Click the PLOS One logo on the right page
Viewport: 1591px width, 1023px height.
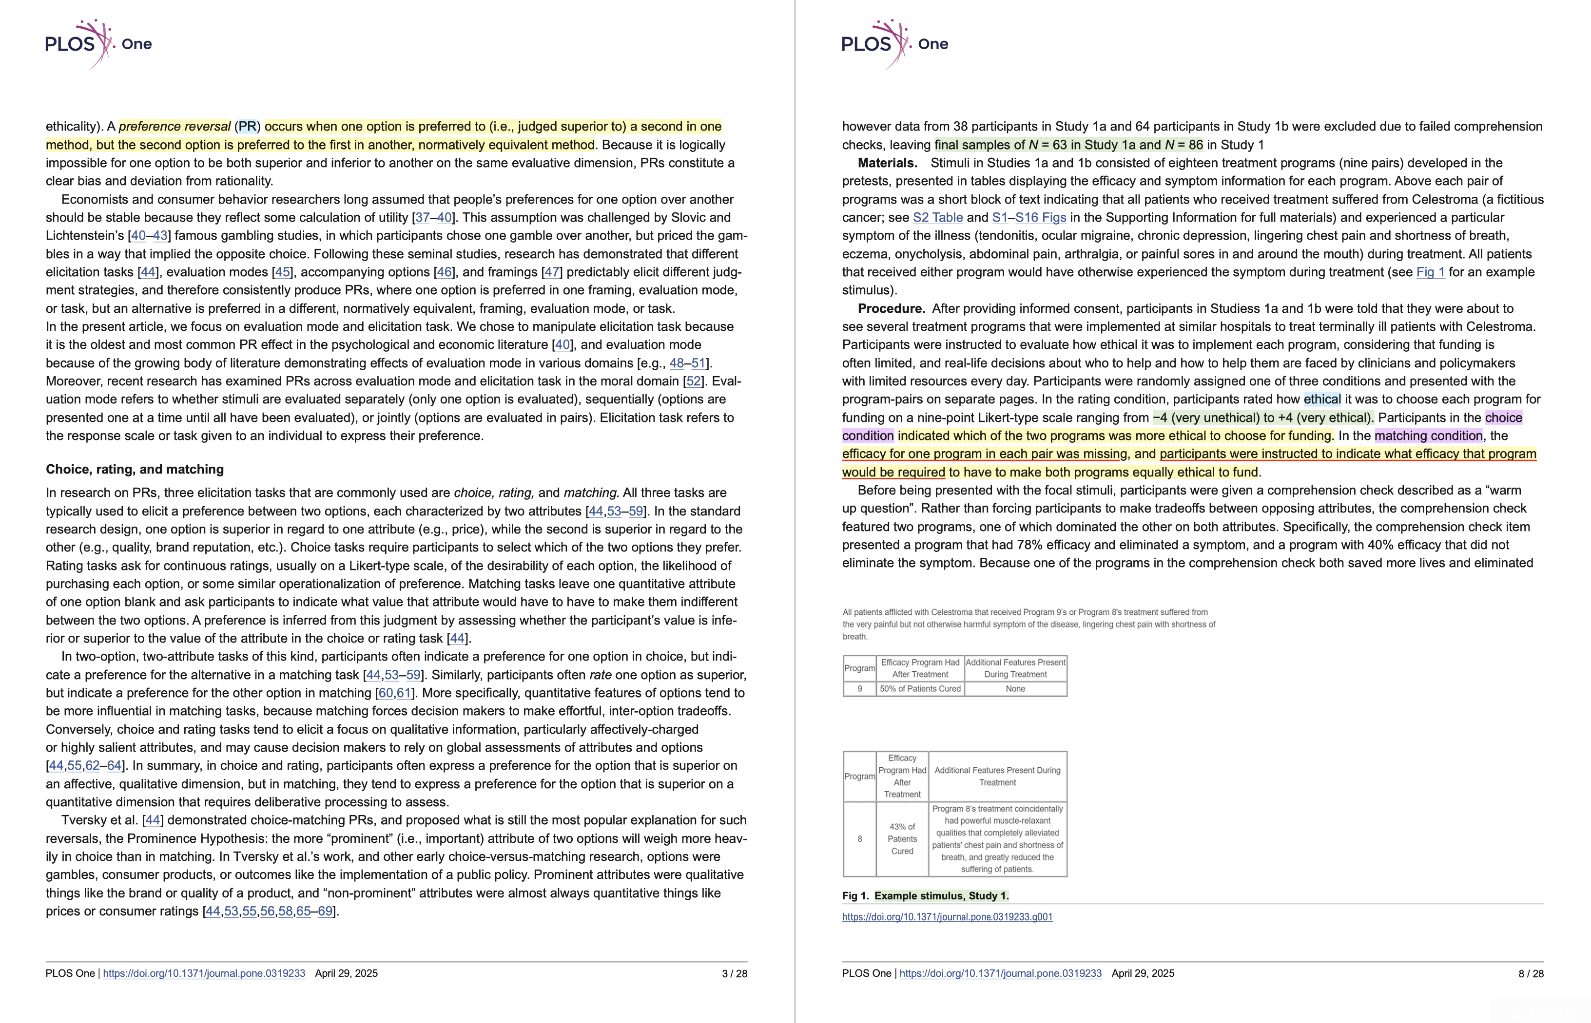(894, 44)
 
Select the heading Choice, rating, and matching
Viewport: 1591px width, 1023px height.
(135, 469)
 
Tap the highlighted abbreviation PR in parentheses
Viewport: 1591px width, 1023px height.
(247, 126)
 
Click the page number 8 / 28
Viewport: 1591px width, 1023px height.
(1531, 973)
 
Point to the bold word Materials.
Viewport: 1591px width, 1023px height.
(887, 163)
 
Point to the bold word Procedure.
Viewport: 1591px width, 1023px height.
(891, 308)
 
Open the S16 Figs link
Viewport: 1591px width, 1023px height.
(1040, 217)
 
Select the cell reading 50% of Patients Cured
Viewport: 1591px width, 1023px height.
(920, 689)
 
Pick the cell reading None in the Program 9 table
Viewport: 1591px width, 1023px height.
(1015, 689)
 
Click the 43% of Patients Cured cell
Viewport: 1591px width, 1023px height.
(902, 839)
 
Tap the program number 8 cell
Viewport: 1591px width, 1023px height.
(859, 839)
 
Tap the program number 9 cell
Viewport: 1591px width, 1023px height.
(859, 689)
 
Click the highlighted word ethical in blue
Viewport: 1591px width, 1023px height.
(1322, 399)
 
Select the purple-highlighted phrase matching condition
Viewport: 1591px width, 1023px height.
(1428, 436)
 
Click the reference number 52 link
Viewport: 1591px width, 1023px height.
(693, 381)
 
